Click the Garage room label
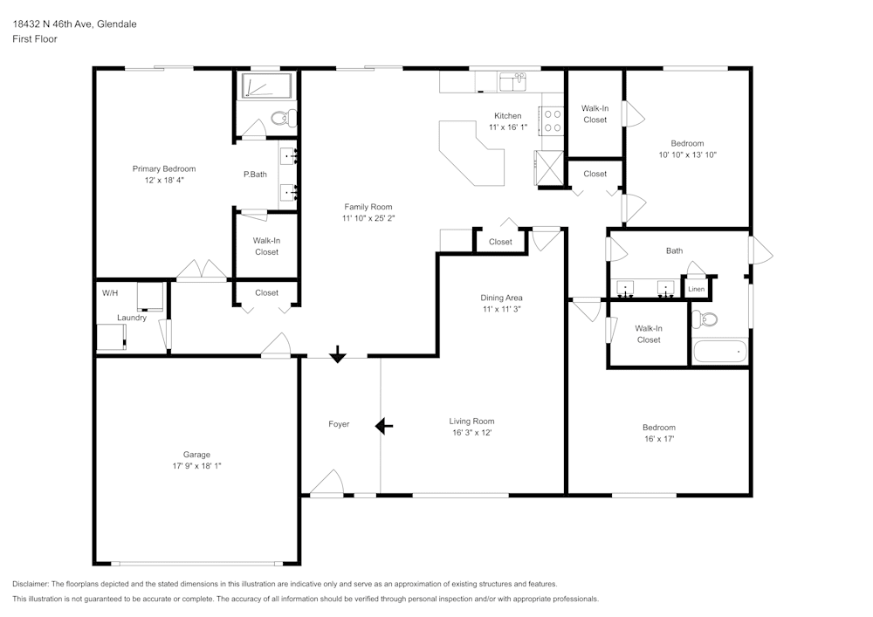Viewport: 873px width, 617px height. tap(196, 454)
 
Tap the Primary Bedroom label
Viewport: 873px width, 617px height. tap(164, 168)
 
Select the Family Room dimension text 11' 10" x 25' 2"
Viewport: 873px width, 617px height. tap(368, 219)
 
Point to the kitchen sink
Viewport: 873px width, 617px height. tap(512, 82)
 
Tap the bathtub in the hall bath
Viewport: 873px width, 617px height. tap(719, 353)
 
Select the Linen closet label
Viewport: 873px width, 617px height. tap(696, 289)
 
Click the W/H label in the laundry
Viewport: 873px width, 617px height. tap(110, 293)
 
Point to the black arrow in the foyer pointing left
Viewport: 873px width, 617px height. tap(383, 426)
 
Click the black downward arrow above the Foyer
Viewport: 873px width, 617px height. tap(337, 354)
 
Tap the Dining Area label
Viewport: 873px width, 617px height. tap(501, 298)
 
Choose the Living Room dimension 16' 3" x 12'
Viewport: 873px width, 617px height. tap(472, 433)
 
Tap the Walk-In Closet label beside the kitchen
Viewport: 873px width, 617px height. tap(595, 113)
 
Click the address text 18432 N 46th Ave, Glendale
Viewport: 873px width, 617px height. tap(74, 24)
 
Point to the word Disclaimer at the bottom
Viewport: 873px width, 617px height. tap(31, 584)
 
